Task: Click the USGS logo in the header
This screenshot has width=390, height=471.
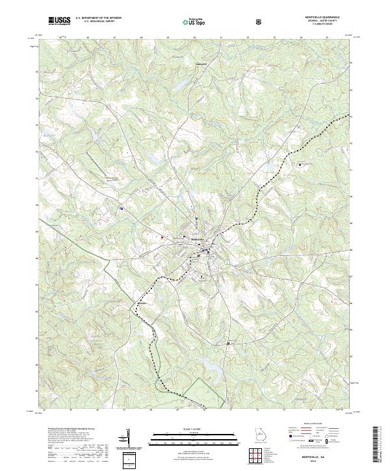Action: click(60, 21)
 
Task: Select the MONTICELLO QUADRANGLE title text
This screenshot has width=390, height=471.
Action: click(320, 18)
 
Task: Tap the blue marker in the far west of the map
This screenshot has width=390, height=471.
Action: click(122, 209)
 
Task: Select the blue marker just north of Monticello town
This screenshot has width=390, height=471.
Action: click(195, 218)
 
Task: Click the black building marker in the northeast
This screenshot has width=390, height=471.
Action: click(300, 164)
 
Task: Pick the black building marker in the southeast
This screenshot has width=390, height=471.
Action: click(228, 343)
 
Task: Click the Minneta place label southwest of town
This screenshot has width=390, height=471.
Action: click(142, 303)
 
